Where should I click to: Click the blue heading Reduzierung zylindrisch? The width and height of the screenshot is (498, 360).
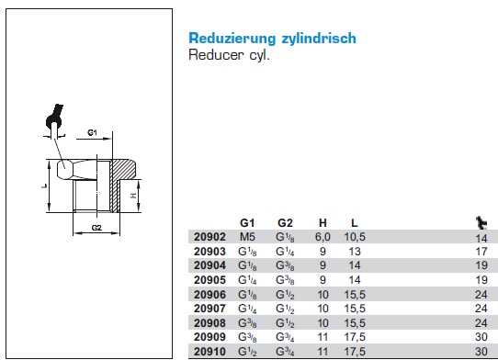pyautogui.click(x=272, y=39)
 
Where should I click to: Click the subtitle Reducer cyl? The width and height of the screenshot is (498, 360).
pyautogui.click(x=229, y=55)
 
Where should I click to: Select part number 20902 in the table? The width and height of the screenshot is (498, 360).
pyautogui.click(x=209, y=237)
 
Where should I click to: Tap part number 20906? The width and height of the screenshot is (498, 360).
pyautogui.click(x=209, y=295)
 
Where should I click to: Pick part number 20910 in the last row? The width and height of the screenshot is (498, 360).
pyautogui.click(x=209, y=352)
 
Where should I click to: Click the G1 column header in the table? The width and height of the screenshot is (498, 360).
pyautogui.click(x=247, y=223)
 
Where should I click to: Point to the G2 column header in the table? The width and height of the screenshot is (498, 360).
pyautogui.click(x=285, y=223)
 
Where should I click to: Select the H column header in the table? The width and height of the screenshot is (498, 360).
pyautogui.click(x=323, y=223)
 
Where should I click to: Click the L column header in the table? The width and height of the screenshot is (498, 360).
pyautogui.click(x=355, y=223)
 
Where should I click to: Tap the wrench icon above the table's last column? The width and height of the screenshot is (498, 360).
pyautogui.click(x=481, y=222)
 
